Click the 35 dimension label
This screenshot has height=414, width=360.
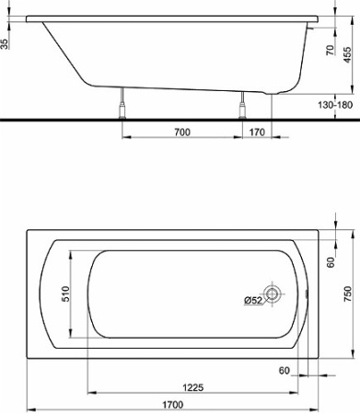7,43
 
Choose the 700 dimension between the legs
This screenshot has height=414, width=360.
180,132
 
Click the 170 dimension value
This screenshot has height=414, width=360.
257,132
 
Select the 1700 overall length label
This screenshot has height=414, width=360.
168,404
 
